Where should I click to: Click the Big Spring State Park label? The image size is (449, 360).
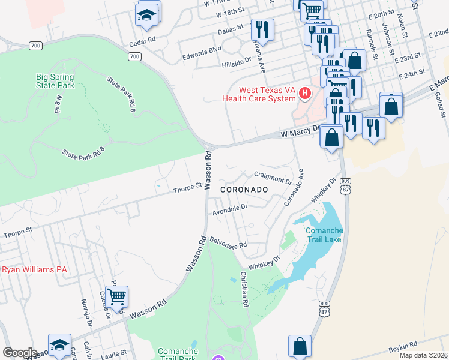55,81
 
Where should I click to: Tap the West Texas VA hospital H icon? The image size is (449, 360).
305,93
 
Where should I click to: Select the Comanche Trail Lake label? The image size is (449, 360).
324,236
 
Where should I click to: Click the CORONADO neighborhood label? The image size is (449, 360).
243,189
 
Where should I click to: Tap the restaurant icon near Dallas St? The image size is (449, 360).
262,28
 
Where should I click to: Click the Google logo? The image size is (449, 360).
20,352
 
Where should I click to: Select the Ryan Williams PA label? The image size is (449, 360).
34,269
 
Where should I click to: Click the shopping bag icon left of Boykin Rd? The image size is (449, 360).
300,346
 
